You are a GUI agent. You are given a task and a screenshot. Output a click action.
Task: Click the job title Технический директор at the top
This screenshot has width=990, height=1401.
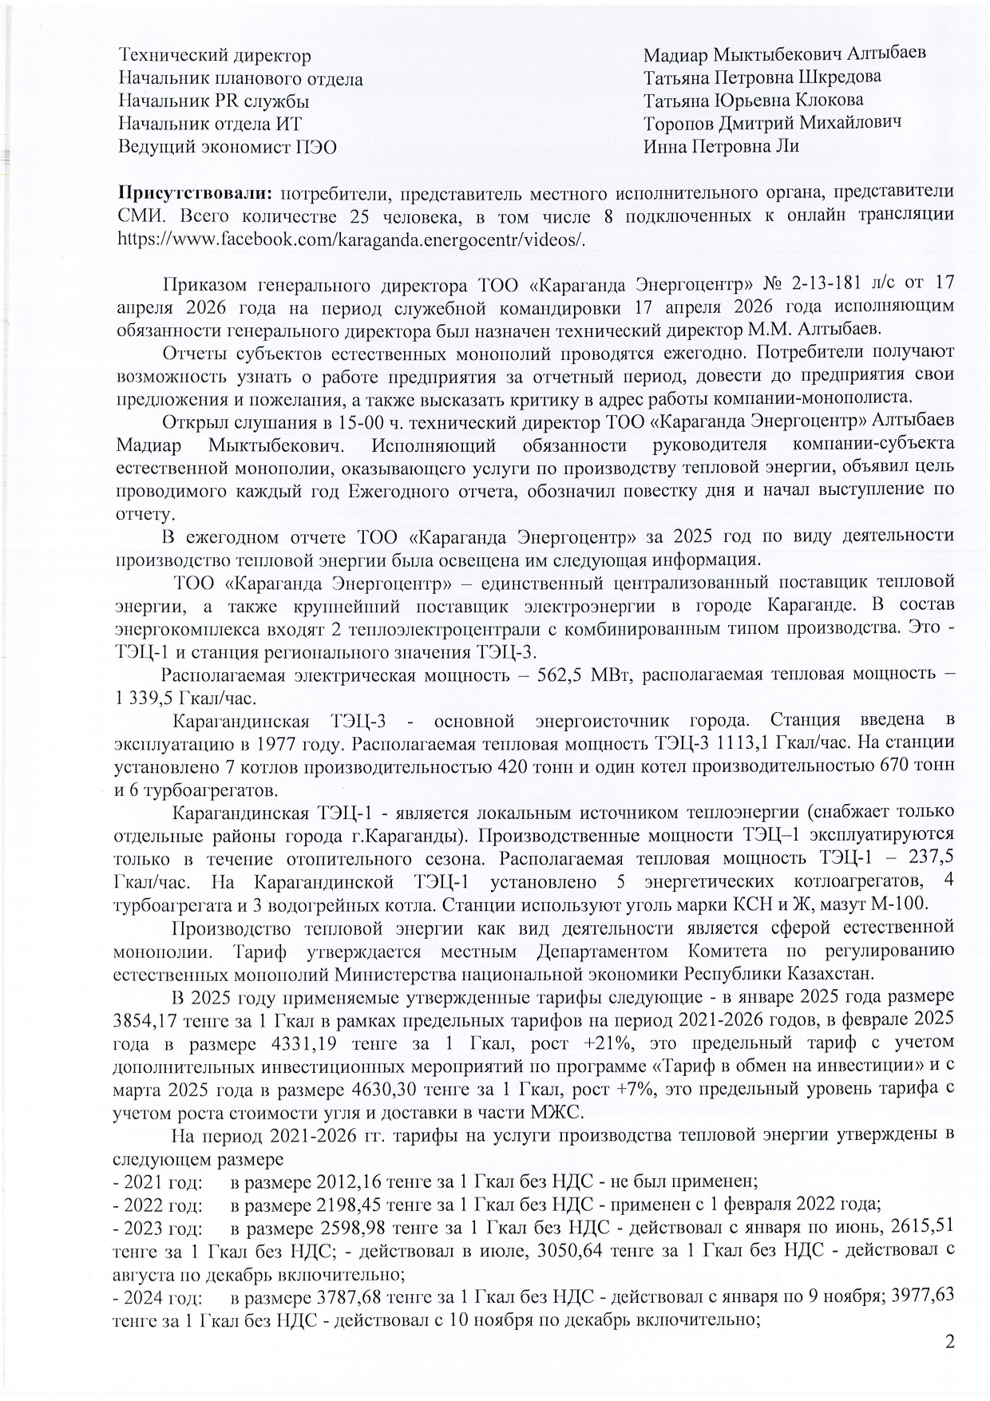(x=214, y=56)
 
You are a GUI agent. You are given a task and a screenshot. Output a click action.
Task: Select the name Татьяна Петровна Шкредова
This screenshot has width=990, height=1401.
(x=762, y=77)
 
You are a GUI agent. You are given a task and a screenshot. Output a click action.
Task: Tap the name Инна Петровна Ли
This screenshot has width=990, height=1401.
(x=721, y=146)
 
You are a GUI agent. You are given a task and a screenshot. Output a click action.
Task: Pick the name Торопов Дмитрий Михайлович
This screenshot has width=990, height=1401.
(x=772, y=123)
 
